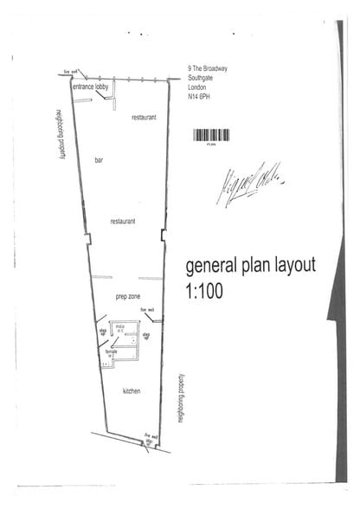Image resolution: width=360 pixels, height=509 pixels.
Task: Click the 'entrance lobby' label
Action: click(x=90, y=87)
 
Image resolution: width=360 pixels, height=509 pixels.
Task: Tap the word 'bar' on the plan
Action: click(x=99, y=161)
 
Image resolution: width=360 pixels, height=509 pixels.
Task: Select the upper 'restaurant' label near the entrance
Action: click(x=144, y=116)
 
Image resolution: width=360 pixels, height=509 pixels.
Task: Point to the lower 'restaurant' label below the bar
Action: click(x=123, y=222)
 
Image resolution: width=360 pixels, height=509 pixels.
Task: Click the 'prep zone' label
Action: click(x=127, y=296)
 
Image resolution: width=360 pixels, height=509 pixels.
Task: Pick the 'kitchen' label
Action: click(x=131, y=391)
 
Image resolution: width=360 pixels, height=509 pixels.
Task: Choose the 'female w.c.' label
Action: click(x=111, y=354)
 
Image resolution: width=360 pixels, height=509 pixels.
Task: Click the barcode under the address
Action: click(x=210, y=135)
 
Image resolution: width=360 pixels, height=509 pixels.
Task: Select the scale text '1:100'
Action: click(x=204, y=291)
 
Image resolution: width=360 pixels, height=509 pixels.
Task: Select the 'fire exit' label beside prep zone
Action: click(x=147, y=310)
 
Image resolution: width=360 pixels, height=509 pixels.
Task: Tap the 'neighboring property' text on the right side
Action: click(x=181, y=398)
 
